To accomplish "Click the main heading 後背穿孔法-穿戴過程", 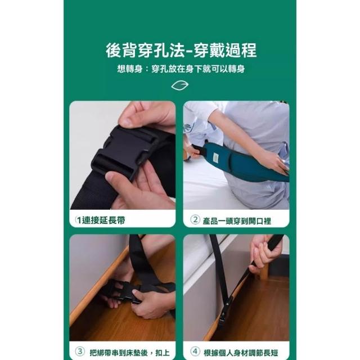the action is coord(181,50).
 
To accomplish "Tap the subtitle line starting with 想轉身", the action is coord(181,69).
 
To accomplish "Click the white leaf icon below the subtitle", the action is coord(180,85).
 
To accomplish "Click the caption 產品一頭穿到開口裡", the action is coord(237,221).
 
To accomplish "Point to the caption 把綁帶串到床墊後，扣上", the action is coord(130,353).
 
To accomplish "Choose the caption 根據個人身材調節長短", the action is coord(241,353).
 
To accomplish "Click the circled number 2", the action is coord(195,220).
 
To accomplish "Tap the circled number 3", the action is coord(80,352).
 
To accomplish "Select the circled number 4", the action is coord(195,352).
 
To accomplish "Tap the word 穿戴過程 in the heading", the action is coord(225,50).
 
